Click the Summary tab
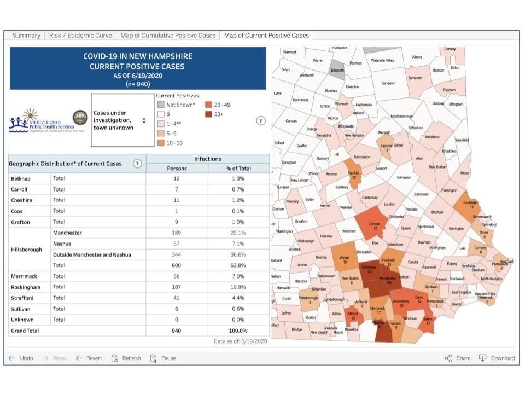tap(26, 36)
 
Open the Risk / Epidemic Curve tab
tap(80, 36)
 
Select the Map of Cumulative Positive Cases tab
tap(168, 36)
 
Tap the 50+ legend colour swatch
tap(209, 114)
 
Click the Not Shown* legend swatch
tap(160, 105)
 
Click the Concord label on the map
tap(374, 223)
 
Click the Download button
tap(497, 358)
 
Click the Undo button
tap(21, 358)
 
